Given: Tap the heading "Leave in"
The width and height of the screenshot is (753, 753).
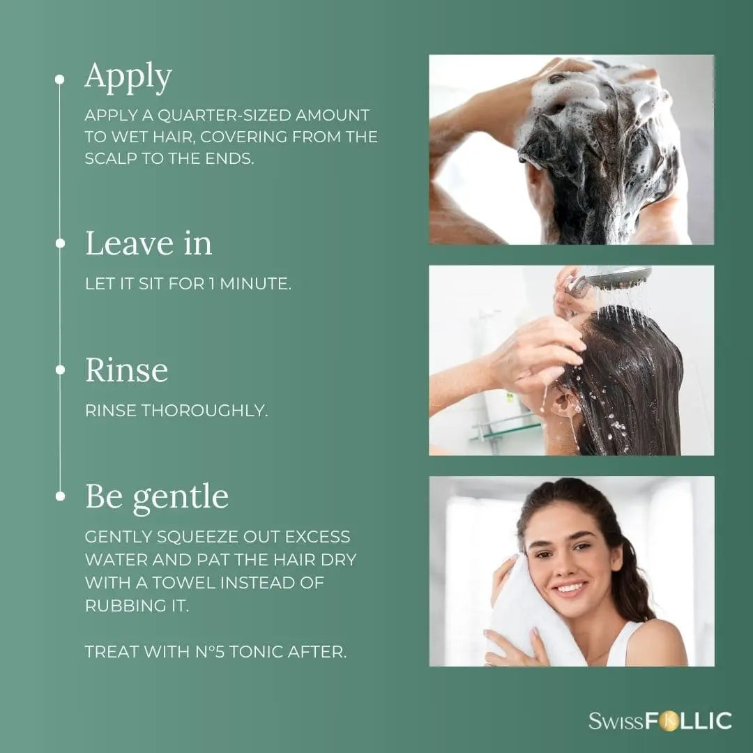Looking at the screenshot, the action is click(x=149, y=243).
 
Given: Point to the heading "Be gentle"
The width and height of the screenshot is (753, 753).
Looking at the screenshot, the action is click(x=157, y=498).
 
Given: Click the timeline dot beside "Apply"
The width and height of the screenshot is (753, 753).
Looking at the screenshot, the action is click(x=59, y=79).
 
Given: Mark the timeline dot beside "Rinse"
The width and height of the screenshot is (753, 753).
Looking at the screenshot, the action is click(x=60, y=370).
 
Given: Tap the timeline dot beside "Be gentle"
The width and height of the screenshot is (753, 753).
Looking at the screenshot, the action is click(x=60, y=496).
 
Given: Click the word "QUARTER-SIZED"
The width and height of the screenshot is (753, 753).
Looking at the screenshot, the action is click(x=225, y=115).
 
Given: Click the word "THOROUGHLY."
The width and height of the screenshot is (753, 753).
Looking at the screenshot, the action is click(x=204, y=411).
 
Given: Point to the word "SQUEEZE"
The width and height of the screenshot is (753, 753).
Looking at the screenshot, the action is click(x=197, y=536).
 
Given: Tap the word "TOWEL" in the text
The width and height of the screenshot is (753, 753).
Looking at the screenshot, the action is click(x=184, y=582).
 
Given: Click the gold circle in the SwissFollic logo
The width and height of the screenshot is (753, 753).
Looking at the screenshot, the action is click(x=669, y=722).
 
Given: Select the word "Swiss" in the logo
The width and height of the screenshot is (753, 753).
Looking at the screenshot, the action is click(x=616, y=722).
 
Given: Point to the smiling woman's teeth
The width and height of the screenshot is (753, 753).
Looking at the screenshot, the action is click(x=570, y=587).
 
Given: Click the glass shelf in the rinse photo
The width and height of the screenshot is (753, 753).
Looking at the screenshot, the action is click(x=504, y=428).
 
